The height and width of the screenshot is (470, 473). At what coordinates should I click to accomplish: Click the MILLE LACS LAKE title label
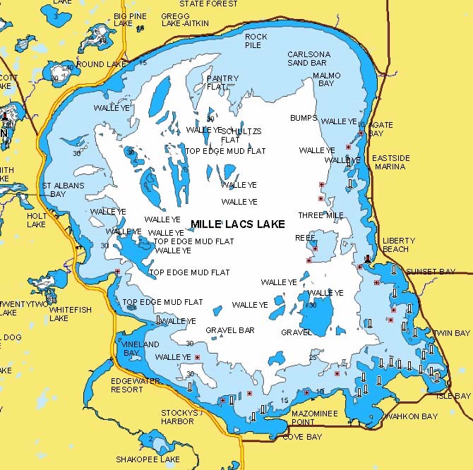237,224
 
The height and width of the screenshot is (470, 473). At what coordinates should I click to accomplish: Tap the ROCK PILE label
256,41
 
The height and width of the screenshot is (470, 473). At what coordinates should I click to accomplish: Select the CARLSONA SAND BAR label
309,59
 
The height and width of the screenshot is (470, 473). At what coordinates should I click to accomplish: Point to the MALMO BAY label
326,79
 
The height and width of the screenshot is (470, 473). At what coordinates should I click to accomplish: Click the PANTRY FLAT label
222,83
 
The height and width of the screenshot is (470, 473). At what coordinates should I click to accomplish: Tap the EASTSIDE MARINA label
389,162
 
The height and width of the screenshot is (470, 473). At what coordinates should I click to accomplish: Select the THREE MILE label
321,215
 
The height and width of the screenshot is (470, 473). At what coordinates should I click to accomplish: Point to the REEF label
305,238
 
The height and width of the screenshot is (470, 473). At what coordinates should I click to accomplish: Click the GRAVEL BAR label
229,330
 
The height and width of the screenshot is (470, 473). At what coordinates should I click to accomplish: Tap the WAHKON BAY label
411,416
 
